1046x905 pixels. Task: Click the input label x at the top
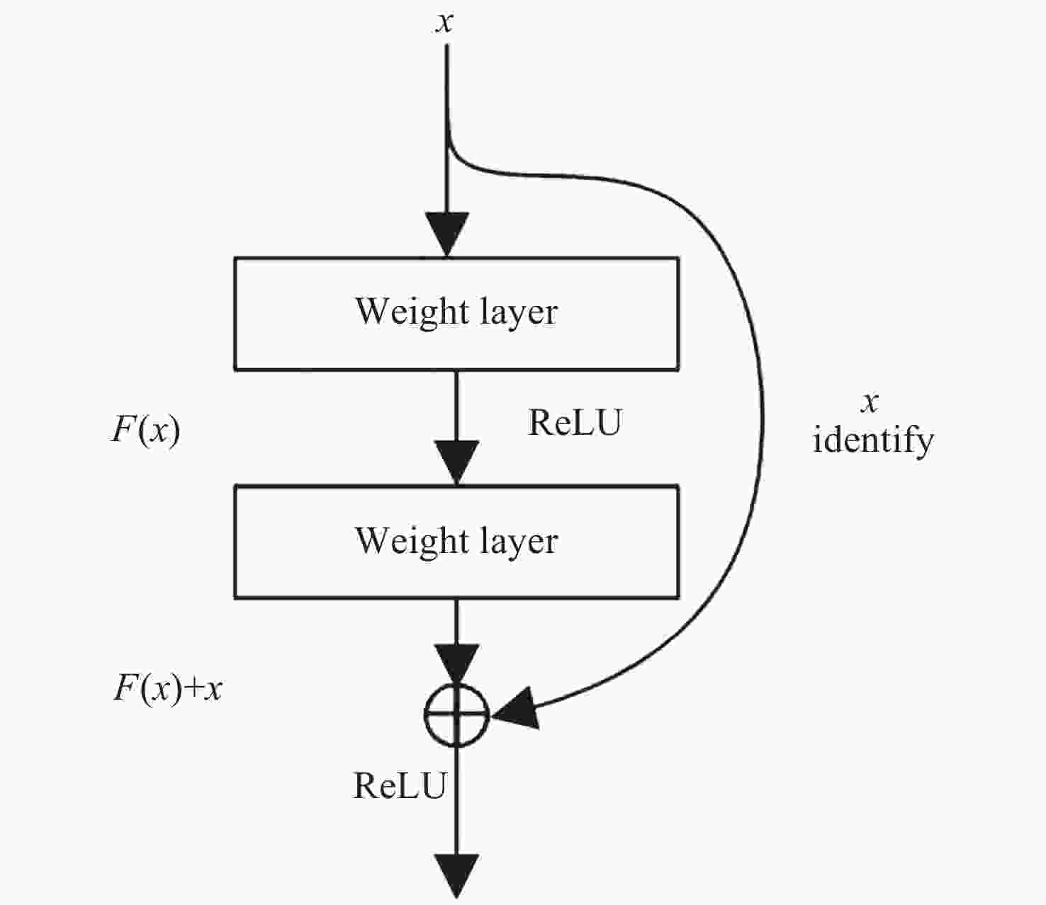(444, 23)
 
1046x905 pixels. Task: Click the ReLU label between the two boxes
(575, 423)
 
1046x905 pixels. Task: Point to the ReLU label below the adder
(400, 785)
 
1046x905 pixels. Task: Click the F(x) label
(145, 429)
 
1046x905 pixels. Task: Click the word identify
(872, 440)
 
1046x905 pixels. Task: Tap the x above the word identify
(870, 402)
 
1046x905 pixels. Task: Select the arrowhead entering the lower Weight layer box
(457, 462)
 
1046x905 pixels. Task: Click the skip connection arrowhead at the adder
(516, 709)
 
